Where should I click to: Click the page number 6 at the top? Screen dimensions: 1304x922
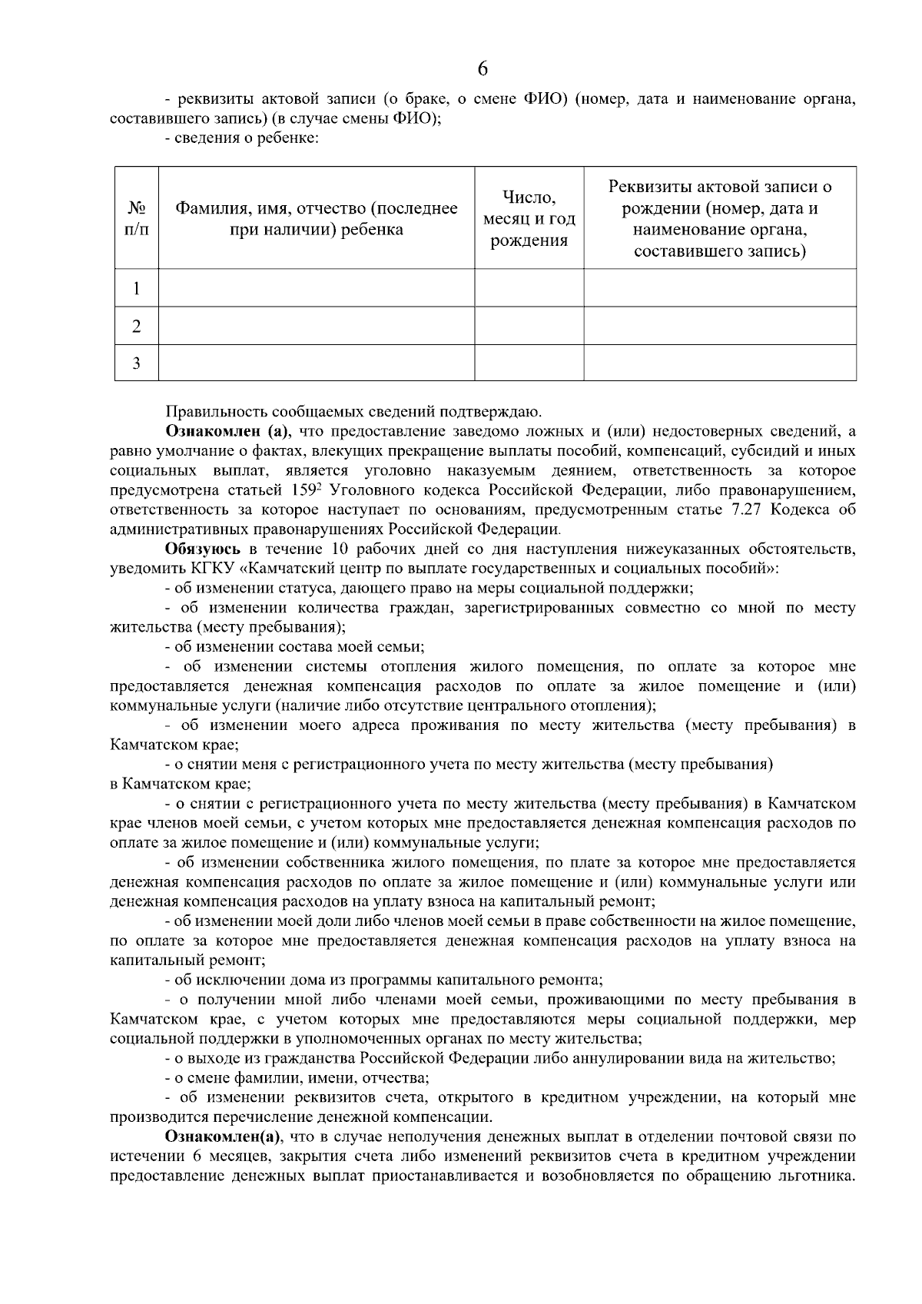482,69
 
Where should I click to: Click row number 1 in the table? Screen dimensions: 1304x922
136,289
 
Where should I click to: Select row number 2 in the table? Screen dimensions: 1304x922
136,327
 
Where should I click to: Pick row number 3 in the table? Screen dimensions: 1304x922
136,363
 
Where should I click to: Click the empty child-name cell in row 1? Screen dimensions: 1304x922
317,289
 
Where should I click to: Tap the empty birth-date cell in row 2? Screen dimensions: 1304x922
529,327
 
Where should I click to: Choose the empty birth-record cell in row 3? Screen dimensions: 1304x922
720,363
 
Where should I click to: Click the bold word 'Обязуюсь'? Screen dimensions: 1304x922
201,549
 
